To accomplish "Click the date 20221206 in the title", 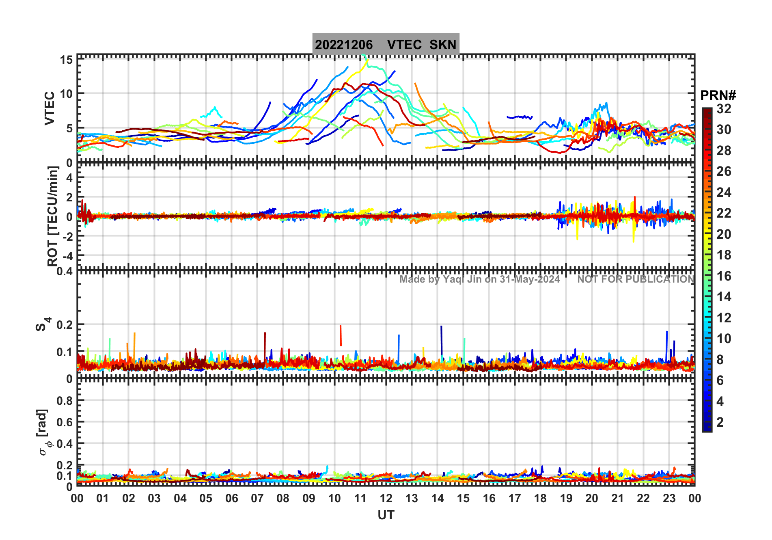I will tap(344, 45).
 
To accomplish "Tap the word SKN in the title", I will tap(443, 45).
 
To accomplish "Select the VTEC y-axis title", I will tap(50, 108).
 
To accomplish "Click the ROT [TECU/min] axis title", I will tap(52, 216).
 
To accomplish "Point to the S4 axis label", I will tap(42, 325).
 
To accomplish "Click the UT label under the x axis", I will tap(386, 515).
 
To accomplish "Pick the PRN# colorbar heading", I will tap(718, 95).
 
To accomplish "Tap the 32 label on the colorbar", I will tap(724, 109).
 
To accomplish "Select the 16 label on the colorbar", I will tap(724, 276).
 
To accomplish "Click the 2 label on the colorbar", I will tap(720, 422).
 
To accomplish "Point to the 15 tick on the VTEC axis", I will tap(67, 60).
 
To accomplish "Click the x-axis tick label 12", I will tap(386, 499).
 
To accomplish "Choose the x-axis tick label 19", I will tap(566, 499).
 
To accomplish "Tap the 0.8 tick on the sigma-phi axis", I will tap(65, 400).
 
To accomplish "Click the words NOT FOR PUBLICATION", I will tap(636, 279).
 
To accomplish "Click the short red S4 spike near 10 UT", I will tap(341, 335).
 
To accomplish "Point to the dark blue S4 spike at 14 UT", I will tap(442, 341).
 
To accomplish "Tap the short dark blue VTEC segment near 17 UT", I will tap(519, 117).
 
